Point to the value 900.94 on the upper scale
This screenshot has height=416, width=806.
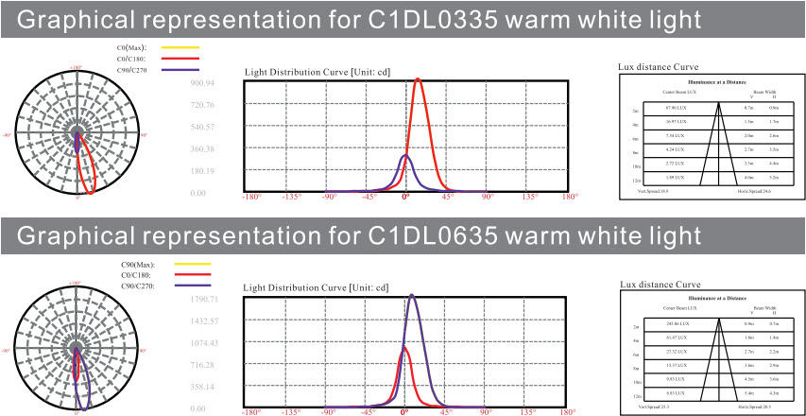(204, 83)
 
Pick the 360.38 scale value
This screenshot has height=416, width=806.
(204, 149)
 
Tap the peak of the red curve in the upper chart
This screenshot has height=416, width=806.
(418, 80)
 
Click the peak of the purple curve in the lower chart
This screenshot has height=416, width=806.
(412, 296)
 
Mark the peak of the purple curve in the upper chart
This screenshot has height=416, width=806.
(405, 155)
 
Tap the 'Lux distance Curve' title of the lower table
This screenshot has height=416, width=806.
(660, 284)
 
